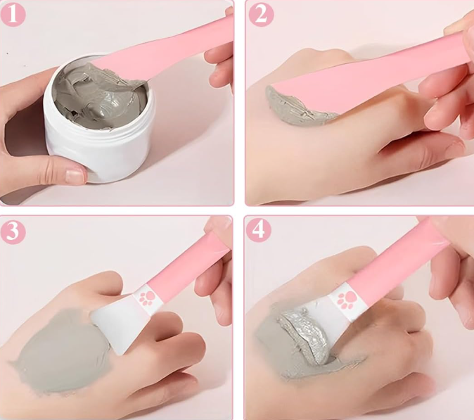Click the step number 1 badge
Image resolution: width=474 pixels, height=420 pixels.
pos(13,14)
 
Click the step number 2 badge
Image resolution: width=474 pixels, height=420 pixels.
pos(261,14)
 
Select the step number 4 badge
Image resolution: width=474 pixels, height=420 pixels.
pos(259,231)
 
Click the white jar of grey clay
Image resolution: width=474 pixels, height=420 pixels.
pos(99,121)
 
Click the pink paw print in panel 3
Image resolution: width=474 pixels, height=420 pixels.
pos(146,298)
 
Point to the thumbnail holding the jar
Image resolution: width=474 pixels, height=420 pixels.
pos(75,176)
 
